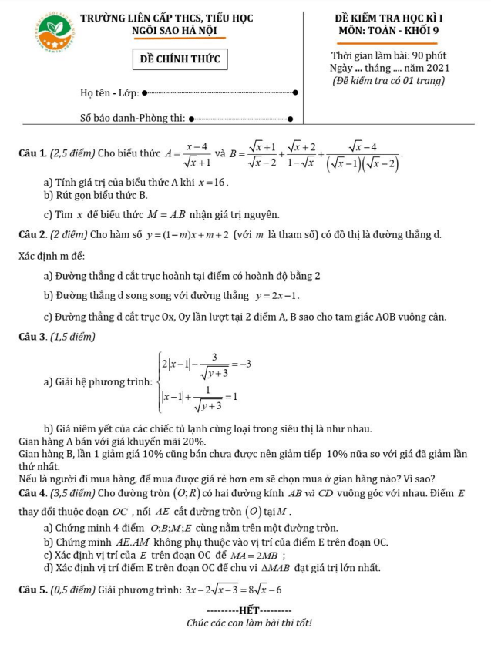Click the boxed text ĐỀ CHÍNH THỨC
180,59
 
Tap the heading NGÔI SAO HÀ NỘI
174,31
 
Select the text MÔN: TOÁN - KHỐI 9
388,31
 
